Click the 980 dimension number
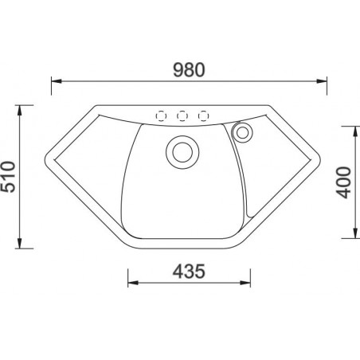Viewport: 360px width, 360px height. (189, 70)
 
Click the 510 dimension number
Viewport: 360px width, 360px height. (8, 177)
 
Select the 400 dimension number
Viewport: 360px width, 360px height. (344, 182)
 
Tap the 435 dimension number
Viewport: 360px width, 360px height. (189, 272)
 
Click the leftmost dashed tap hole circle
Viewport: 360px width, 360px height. (161, 116)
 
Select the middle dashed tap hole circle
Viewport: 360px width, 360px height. (182, 116)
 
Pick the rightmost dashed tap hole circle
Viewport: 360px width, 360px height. (204, 116)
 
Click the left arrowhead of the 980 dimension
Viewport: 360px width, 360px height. (57, 81)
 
